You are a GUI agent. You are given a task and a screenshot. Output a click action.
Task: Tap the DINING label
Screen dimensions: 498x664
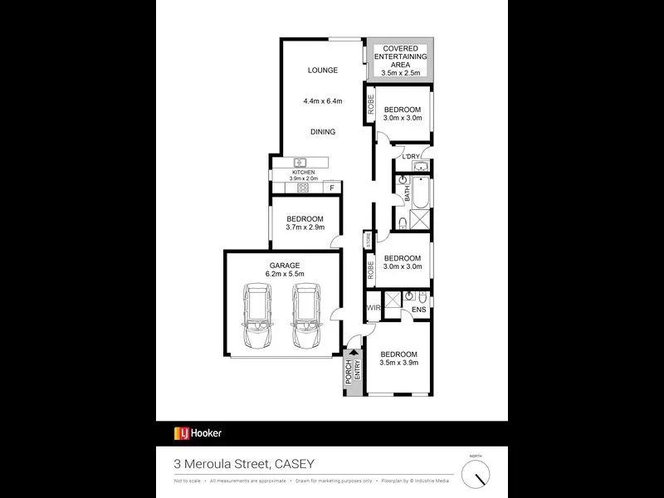point(322,132)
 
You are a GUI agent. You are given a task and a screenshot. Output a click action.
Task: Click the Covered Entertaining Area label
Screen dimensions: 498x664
point(401,61)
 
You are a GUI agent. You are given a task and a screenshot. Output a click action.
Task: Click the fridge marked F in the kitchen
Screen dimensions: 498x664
point(332,188)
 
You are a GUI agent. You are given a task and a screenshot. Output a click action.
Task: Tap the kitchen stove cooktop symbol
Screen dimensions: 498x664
point(303,188)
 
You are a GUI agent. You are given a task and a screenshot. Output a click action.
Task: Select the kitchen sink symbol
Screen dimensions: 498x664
point(300,162)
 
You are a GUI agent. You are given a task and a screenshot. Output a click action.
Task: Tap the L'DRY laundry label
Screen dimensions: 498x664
point(410,157)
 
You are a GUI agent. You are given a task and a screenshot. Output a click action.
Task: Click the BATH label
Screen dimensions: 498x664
point(407,196)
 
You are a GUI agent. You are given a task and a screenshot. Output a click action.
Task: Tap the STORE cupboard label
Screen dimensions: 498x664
point(368,241)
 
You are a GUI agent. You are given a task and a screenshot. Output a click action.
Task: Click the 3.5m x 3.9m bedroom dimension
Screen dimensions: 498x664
point(399,363)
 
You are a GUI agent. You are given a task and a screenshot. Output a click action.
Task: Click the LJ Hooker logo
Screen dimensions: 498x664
point(198,432)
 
